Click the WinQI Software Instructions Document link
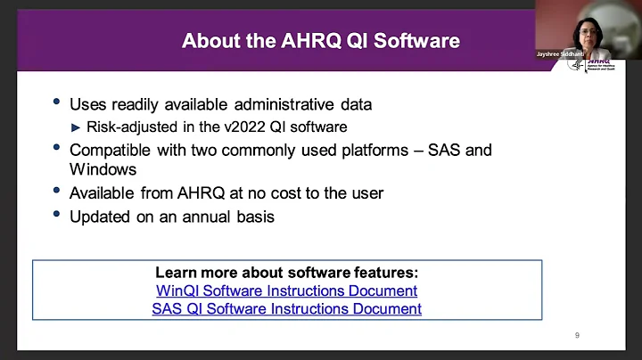coord(286,290)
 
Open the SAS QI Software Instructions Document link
coord(286,308)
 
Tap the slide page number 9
coord(577,335)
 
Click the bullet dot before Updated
coord(58,215)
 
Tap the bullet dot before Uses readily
coord(58,104)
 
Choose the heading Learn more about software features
coord(286,273)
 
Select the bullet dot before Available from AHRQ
coord(58,192)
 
